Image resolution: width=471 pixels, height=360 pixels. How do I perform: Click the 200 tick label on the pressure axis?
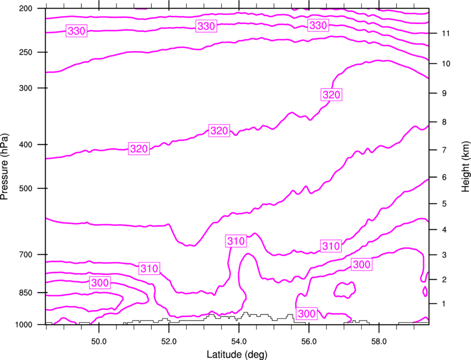[x=25, y=8]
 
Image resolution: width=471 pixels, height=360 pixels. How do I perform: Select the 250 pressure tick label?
[x=25, y=52]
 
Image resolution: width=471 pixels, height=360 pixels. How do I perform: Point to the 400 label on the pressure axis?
[x=25, y=145]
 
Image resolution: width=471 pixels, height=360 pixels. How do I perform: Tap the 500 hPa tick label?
[x=25, y=188]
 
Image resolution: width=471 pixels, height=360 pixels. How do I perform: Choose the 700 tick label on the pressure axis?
[x=25, y=254]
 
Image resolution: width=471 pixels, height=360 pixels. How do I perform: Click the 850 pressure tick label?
[x=25, y=292]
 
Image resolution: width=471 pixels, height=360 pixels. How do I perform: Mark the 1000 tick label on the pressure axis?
[x=23, y=325]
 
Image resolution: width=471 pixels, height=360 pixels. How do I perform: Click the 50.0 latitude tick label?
[x=99, y=341]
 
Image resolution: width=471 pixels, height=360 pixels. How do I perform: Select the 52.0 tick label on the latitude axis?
[x=169, y=341]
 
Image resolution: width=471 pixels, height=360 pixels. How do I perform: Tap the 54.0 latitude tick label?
[x=239, y=341]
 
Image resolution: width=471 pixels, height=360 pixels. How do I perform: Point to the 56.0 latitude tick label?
[x=309, y=341]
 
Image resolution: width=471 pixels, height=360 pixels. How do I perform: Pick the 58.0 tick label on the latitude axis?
[x=379, y=341]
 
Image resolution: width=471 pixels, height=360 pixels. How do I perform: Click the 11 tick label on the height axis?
[x=446, y=33]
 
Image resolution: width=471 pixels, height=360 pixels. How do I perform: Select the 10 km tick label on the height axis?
[x=446, y=64]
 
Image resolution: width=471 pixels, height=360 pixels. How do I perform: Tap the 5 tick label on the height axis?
[x=444, y=204]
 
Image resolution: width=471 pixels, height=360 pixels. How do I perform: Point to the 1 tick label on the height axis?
[x=444, y=304]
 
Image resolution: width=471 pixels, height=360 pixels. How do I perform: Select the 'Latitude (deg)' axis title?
[x=237, y=354]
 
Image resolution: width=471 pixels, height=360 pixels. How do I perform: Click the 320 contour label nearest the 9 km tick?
[x=331, y=95]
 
